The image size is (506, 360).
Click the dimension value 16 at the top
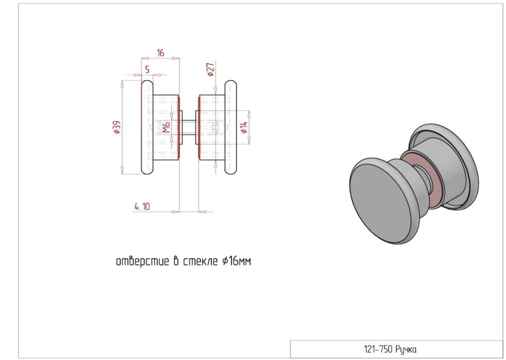(x=161, y=52)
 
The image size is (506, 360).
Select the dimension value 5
(x=147, y=69)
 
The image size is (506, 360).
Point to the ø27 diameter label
(x=210, y=69)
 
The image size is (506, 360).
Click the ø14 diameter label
(x=244, y=127)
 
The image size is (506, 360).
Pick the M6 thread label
(x=166, y=127)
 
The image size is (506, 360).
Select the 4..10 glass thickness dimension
(x=142, y=206)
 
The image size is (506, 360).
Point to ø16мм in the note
(x=237, y=261)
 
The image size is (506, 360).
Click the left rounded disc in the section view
(x=147, y=127)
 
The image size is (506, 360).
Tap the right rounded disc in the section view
(x=231, y=127)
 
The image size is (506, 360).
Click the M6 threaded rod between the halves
(x=189, y=127)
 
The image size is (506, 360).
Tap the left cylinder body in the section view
(x=165, y=127)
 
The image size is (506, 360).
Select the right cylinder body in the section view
(x=212, y=127)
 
